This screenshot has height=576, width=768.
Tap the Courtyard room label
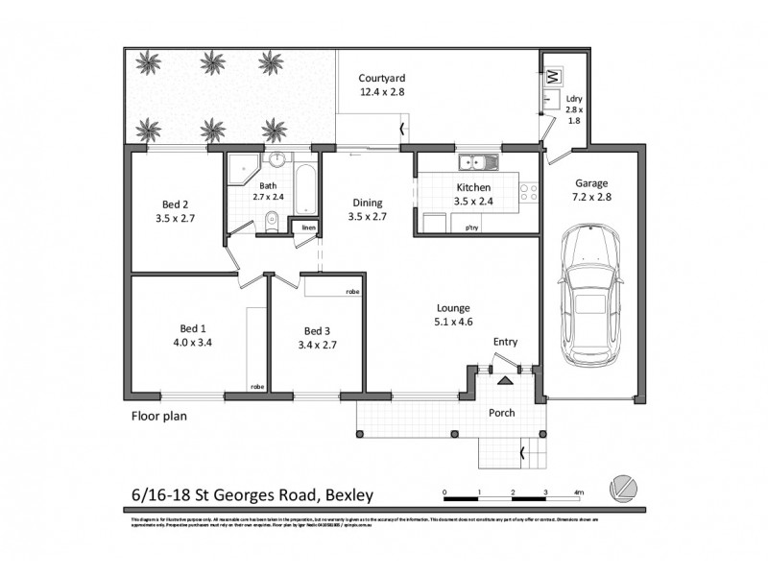(381, 79)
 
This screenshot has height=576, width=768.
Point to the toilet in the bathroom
(272, 222)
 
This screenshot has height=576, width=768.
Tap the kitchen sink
(477, 160)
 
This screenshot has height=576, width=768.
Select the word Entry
(505, 343)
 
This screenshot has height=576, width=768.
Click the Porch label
(502, 413)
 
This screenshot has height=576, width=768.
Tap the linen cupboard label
(308, 228)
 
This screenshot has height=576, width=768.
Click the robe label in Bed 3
(352, 289)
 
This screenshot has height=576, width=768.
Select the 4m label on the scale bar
(578, 492)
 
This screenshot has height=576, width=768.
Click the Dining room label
(366, 203)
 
